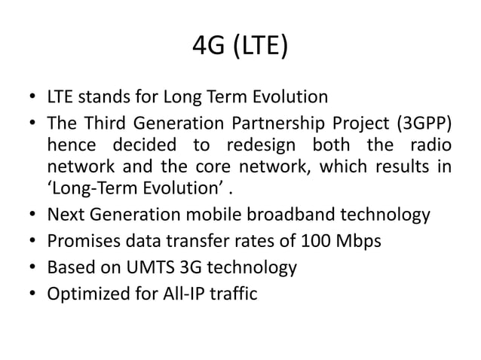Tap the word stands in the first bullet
[x=101, y=97]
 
